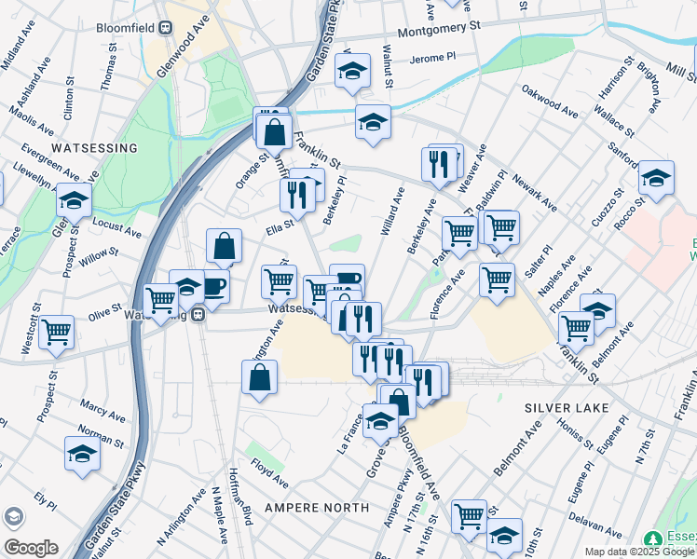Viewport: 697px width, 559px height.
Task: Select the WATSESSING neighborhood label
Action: coord(94,148)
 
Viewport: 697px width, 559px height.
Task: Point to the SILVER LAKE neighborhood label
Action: coord(566,408)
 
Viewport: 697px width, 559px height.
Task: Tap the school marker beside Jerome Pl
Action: coord(353,71)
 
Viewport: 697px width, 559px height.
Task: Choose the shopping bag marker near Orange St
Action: coord(274,131)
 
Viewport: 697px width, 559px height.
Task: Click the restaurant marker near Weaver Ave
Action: coord(437,164)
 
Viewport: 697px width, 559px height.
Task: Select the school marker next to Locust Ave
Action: coord(75,198)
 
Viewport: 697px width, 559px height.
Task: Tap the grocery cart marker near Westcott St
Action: coord(57,331)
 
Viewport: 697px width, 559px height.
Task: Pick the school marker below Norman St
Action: coord(83,453)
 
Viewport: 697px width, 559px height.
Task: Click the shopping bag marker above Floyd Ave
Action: coord(260,377)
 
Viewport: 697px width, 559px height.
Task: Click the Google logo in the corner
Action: coord(31,548)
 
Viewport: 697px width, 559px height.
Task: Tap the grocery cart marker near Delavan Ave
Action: coord(469,516)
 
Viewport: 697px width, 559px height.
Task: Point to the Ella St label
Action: coord(280,224)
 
